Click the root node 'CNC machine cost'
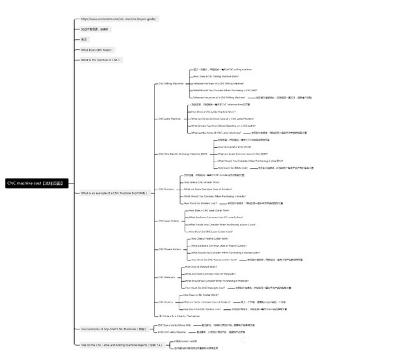(x=35, y=184)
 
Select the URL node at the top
(x=117, y=19)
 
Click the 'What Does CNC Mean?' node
(x=97, y=49)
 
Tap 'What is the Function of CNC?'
(x=101, y=60)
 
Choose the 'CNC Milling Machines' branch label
(x=170, y=84)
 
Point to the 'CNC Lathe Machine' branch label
(x=170, y=119)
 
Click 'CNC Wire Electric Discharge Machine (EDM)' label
(x=183, y=154)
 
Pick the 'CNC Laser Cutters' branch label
(x=168, y=221)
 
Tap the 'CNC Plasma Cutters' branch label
(x=169, y=249)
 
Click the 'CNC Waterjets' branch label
(x=167, y=277)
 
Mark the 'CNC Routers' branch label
(x=165, y=302)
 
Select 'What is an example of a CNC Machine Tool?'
(x=114, y=193)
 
